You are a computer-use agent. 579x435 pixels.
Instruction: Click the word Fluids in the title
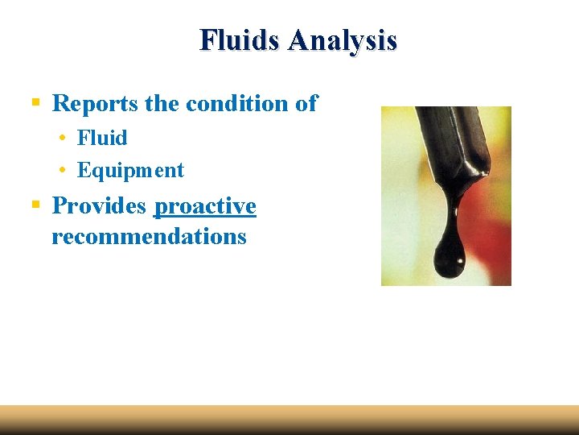240,39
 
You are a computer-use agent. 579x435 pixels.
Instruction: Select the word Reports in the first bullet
96,104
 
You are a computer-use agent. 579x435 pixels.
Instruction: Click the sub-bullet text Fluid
102,138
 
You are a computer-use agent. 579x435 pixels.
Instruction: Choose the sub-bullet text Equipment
130,171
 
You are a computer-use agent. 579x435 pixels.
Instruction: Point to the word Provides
99,206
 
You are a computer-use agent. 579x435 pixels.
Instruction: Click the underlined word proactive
205,206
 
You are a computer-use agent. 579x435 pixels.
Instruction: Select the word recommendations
149,237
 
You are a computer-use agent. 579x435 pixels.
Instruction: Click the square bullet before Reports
35,104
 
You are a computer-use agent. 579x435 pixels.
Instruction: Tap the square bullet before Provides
35,206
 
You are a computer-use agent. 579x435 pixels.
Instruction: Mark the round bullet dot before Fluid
62,139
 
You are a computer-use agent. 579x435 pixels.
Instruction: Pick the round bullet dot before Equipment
62,172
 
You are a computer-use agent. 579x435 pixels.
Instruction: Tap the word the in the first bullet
163,104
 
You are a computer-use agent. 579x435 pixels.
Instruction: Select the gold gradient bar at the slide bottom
289,420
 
